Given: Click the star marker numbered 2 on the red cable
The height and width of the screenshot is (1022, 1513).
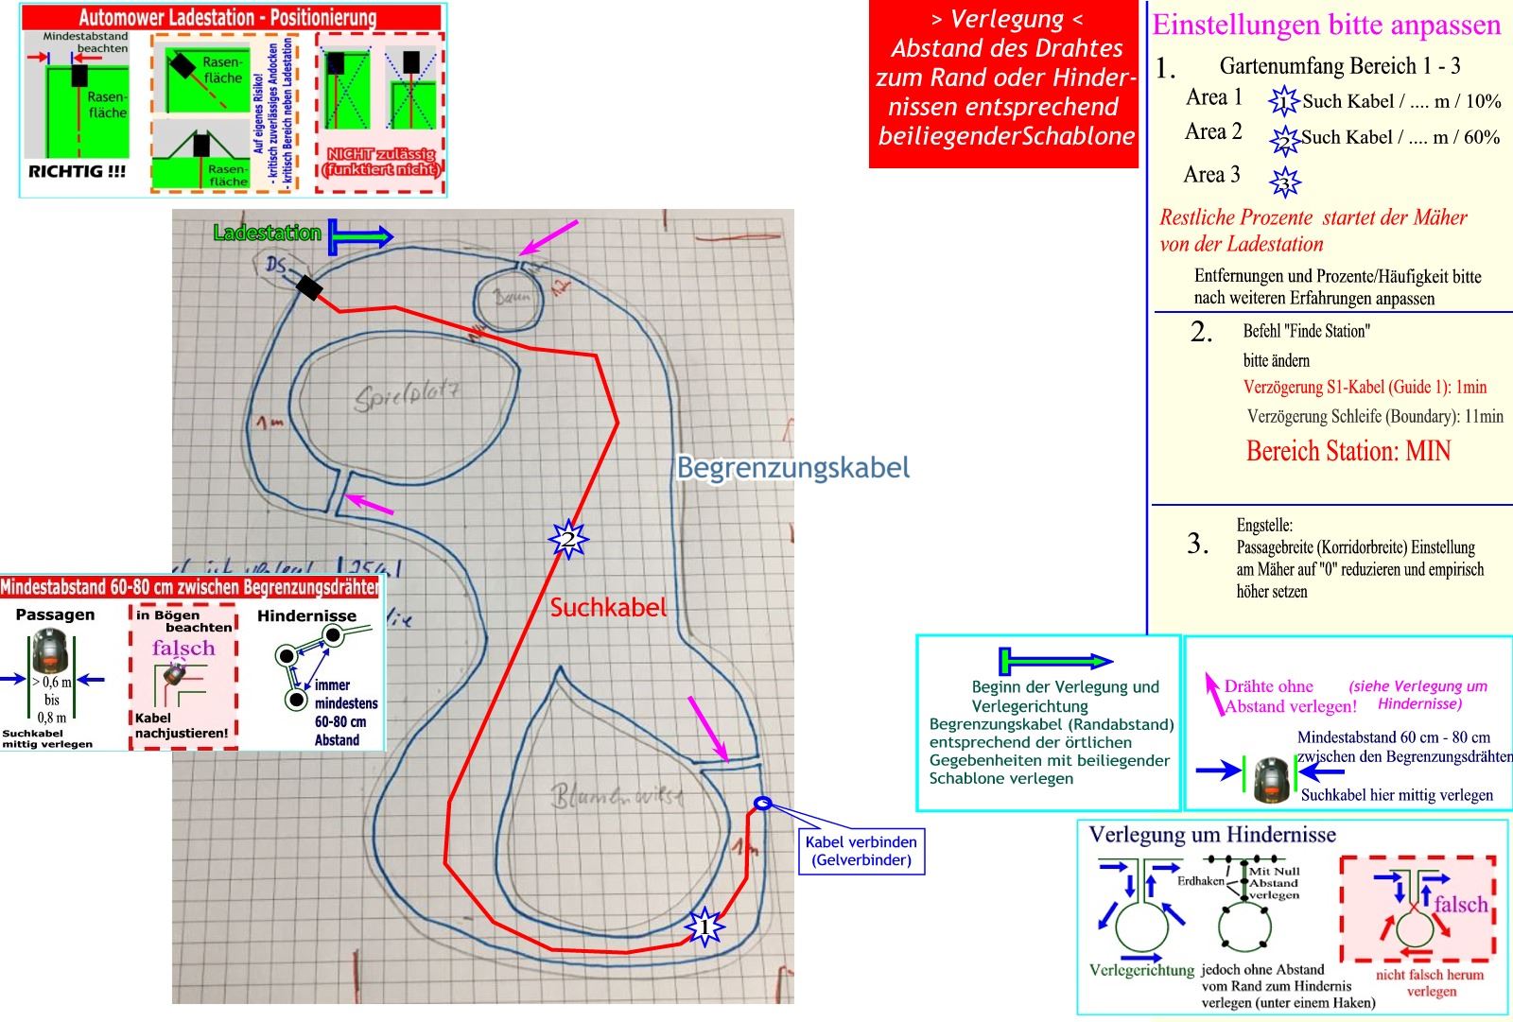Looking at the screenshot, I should [568, 540].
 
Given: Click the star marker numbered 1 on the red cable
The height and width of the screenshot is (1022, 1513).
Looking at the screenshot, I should [704, 927].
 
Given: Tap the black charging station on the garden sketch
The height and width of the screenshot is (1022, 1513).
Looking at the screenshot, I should [308, 286].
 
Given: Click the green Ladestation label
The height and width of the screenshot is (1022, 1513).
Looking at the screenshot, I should [267, 233].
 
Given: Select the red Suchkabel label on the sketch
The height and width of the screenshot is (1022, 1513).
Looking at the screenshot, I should [608, 607].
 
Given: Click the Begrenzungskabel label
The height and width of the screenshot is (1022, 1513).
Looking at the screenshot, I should [792, 467].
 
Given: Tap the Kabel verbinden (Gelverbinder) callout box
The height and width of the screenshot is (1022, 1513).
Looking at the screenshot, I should [861, 851].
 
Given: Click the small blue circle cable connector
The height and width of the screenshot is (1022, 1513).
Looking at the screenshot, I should [763, 804].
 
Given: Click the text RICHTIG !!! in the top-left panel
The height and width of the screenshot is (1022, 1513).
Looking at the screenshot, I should [77, 172].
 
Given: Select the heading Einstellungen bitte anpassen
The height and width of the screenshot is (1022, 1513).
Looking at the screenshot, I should [1327, 25].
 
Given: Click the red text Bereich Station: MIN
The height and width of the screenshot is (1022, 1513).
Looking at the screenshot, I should [1348, 451].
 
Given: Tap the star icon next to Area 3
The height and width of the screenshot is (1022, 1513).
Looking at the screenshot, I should [1285, 181].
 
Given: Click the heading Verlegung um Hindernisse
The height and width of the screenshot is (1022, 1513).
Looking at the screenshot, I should [1212, 834].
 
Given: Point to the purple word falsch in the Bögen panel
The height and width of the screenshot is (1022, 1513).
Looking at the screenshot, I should [183, 649].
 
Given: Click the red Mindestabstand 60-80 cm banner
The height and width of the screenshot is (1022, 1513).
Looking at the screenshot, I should [190, 587].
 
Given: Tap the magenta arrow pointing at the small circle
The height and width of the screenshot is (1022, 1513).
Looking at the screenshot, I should [548, 237].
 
